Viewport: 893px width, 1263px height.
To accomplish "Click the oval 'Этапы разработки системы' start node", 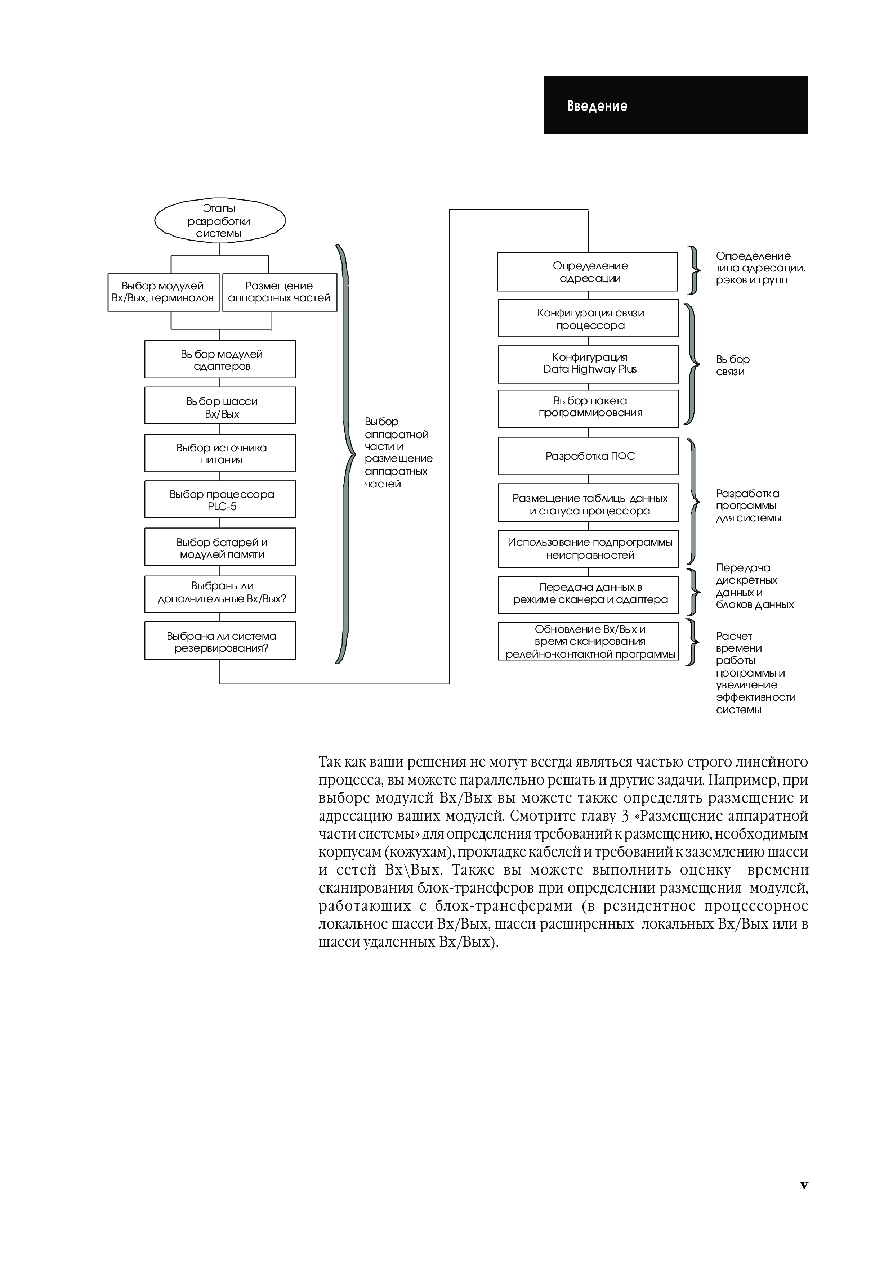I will pos(219,221).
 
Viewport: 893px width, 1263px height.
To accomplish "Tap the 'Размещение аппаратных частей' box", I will pos(280,292).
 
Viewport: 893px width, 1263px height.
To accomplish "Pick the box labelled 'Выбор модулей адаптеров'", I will pos(220,359).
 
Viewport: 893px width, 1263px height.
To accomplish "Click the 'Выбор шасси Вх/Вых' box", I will pos(220,405).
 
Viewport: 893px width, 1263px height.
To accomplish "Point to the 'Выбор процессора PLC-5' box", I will pos(220,499).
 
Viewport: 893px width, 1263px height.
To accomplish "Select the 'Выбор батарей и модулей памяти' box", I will pos(220,547).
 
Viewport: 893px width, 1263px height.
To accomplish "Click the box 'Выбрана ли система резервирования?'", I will pos(220,641).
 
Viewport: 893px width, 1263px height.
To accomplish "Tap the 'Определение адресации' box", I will pos(588,272).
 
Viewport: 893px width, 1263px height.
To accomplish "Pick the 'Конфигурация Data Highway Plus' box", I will pos(588,364).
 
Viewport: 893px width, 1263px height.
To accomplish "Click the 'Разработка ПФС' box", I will pos(588,456).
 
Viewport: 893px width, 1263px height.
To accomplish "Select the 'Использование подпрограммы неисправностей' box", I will pos(588,549).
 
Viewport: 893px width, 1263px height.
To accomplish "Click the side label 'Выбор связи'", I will pos(732,365).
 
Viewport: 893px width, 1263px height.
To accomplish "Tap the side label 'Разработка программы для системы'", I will pos(748,505).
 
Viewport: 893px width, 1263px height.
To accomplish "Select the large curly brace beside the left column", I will pos(344,454).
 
